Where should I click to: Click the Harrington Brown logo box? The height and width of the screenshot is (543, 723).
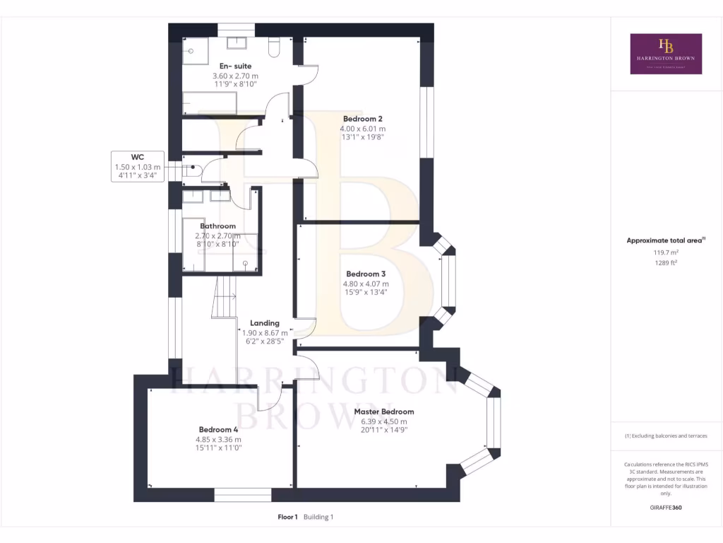(x=666, y=54)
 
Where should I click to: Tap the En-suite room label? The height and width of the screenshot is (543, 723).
(x=235, y=66)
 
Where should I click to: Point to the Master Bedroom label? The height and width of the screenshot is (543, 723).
(x=384, y=411)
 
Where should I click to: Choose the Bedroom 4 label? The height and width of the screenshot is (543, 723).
(x=218, y=429)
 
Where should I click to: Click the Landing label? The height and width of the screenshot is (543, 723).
(x=265, y=323)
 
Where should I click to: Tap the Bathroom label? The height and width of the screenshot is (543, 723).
(x=218, y=226)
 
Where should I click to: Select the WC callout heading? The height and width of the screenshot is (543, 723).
(x=138, y=157)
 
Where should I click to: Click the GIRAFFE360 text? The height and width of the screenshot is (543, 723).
(x=666, y=507)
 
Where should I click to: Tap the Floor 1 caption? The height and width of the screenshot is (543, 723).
(x=287, y=517)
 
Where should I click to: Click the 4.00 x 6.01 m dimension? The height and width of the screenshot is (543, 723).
(x=363, y=129)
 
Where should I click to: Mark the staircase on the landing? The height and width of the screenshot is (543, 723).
(x=225, y=297)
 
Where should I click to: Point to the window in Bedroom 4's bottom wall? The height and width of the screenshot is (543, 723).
(x=242, y=496)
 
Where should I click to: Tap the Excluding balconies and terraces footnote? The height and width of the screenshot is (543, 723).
(x=666, y=436)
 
